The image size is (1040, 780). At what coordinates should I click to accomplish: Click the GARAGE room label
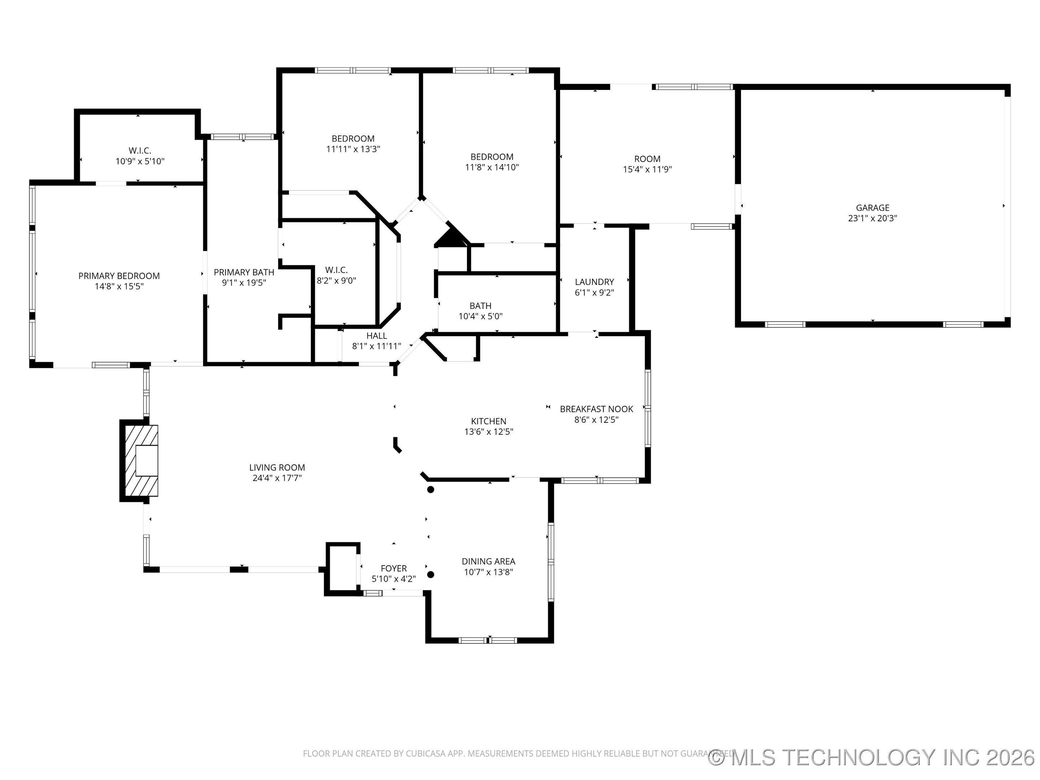click(x=872, y=207)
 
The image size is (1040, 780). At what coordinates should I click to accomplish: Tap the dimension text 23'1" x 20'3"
click(x=872, y=218)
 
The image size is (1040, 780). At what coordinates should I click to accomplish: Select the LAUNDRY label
click(x=594, y=282)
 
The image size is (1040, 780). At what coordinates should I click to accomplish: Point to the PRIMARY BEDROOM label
click(x=119, y=276)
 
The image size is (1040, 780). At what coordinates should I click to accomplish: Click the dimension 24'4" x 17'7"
click(x=277, y=478)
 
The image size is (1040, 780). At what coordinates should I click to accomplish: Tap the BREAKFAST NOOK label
click(x=596, y=409)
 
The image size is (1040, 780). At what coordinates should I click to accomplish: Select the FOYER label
click(x=394, y=568)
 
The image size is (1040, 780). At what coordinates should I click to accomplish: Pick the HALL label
click(x=377, y=336)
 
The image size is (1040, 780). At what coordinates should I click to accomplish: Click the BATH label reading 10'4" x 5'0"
click(x=481, y=305)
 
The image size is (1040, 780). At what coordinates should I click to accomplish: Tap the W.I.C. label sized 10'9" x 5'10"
click(x=140, y=151)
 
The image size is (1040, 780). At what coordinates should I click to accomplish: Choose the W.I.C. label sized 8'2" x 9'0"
click(x=336, y=270)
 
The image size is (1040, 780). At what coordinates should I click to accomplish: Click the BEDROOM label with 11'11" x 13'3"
click(x=353, y=139)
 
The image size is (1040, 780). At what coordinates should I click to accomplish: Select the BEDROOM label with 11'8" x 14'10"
click(x=492, y=157)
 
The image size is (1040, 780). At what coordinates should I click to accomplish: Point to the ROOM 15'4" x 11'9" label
click(x=647, y=159)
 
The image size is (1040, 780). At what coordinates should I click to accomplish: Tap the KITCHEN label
click(x=489, y=421)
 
